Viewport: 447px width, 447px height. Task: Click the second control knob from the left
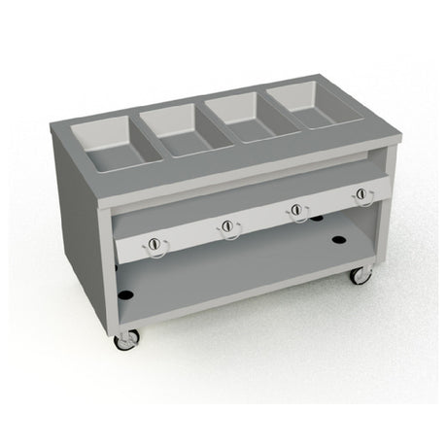point(227,226)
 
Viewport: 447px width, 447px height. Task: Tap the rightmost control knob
point(363,194)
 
